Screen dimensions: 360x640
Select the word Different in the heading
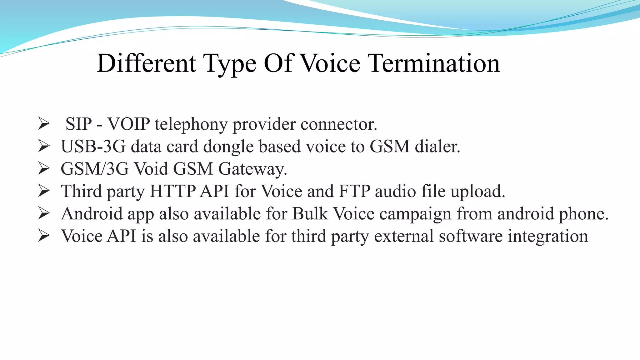tap(146, 63)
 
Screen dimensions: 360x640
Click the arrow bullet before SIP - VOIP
tap(44, 123)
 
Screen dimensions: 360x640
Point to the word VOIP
tap(129, 124)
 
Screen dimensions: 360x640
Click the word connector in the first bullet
tap(339, 124)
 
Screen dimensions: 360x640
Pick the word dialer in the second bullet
tap(437, 146)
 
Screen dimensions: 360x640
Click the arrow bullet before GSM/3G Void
tap(44, 168)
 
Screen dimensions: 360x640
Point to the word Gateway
tap(252, 169)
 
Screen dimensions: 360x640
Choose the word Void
tap(151, 169)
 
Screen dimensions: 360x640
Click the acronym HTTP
tap(172, 191)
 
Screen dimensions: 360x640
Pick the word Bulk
tap(310, 214)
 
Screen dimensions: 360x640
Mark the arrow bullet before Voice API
tap(44, 236)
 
